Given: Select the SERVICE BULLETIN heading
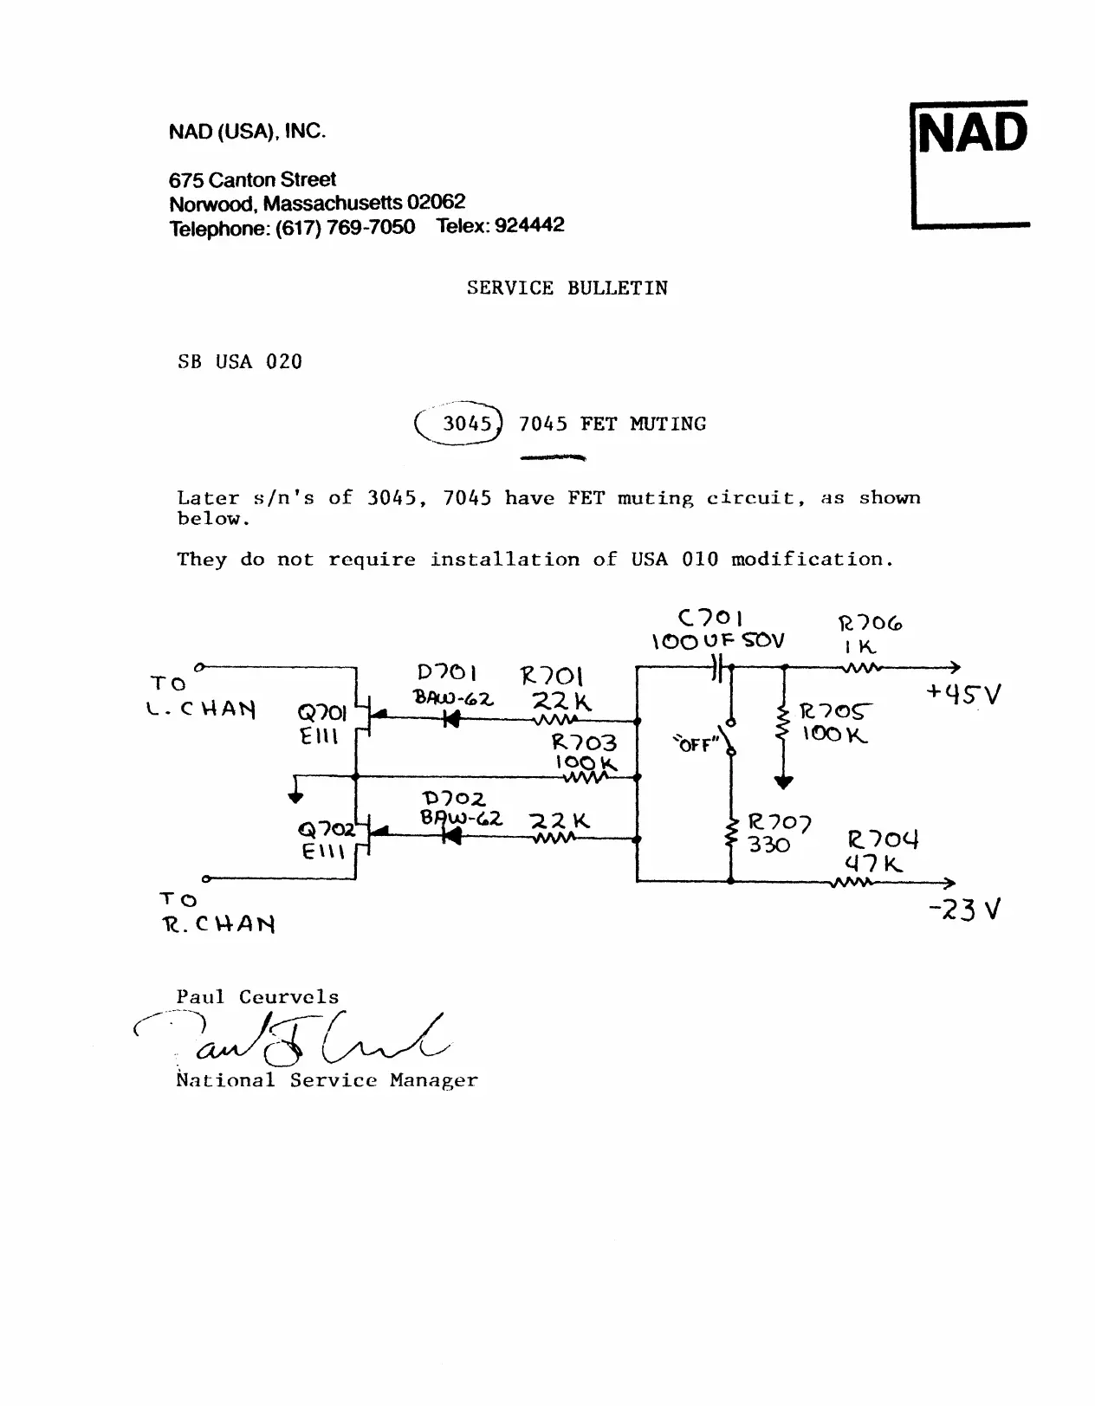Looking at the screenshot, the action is [567, 288].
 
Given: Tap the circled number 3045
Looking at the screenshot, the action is [459, 424].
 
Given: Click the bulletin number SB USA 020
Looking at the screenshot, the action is [240, 362].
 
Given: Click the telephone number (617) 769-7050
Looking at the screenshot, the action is [344, 229].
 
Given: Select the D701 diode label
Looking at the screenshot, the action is [447, 673].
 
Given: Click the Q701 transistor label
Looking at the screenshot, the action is [322, 713].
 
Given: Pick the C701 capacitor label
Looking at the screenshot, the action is [710, 619].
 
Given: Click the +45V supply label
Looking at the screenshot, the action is [962, 695].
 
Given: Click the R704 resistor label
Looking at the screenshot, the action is [882, 839].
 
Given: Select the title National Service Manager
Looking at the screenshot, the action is [327, 1081].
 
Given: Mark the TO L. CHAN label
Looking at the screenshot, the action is [201, 697].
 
